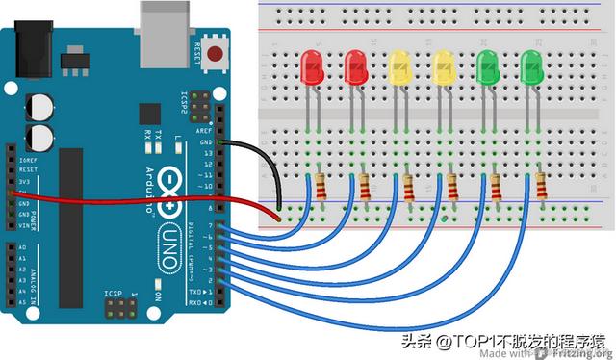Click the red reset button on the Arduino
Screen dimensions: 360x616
click(x=216, y=54)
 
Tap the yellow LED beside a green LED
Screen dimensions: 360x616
click(x=444, y=66)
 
